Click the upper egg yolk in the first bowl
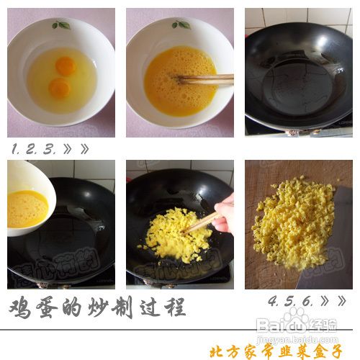66,66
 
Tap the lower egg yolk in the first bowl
60,88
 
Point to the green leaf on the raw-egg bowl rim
61,25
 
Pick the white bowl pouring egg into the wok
29,198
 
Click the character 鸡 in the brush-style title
22,308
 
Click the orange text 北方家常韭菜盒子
275,351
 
